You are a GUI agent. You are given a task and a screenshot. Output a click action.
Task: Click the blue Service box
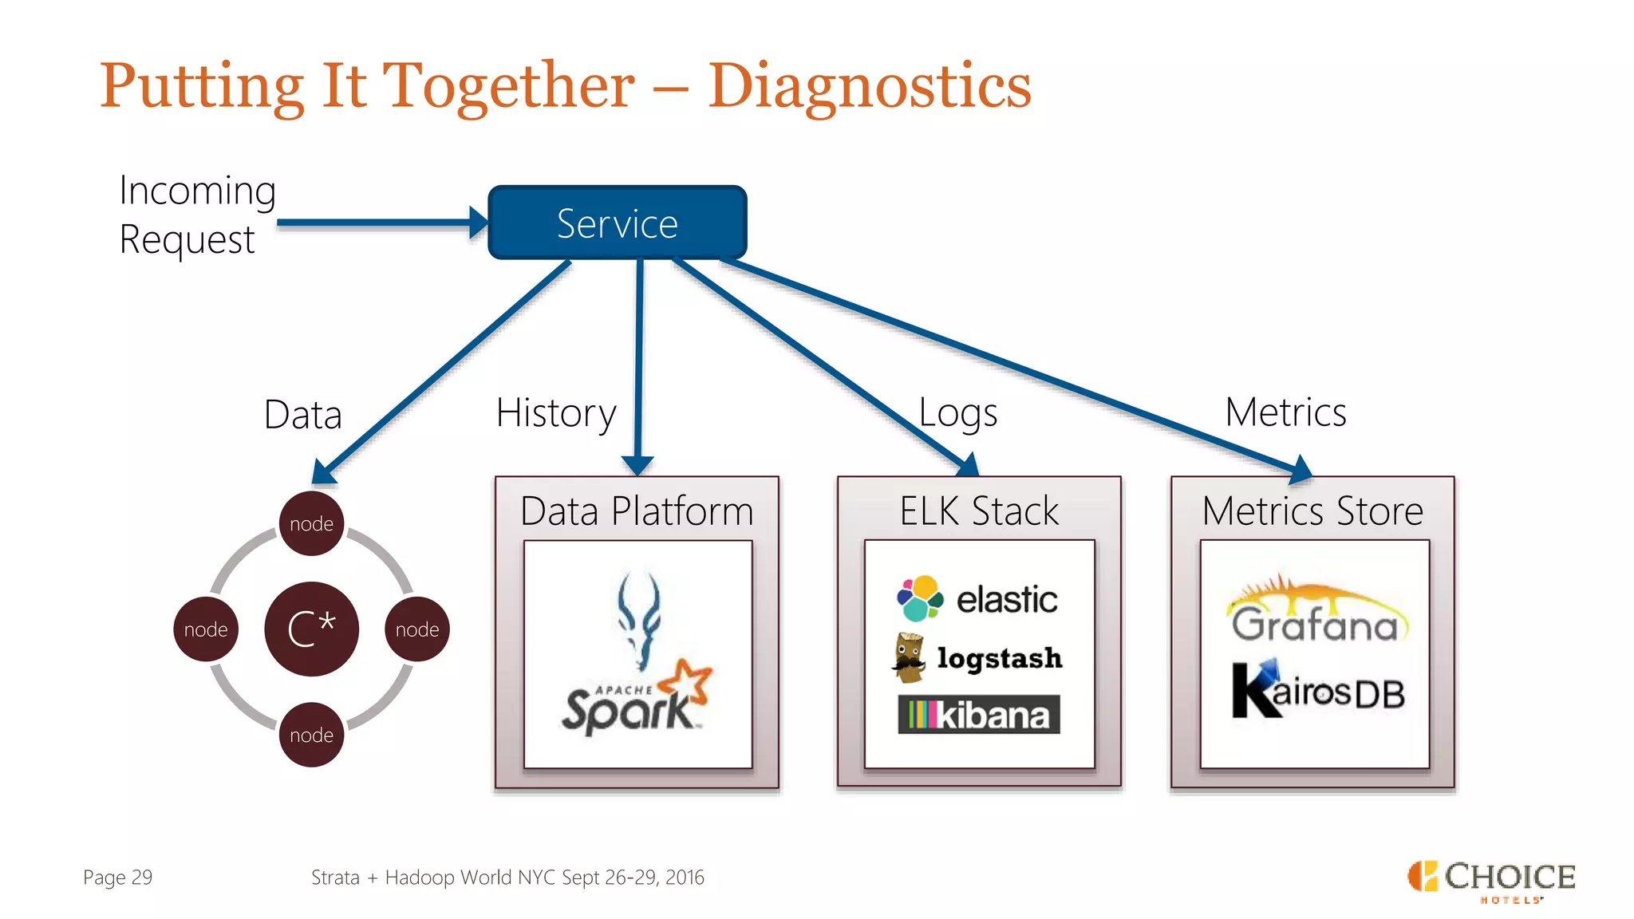[618, 223]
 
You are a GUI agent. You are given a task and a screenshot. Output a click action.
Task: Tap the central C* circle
[311, 629]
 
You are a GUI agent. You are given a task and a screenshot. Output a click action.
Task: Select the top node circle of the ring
[311, 523]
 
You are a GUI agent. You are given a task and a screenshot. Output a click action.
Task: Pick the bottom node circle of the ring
[311, 735]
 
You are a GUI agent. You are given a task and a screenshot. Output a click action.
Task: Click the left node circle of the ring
[206, 629]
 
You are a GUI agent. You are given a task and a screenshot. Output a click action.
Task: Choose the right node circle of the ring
[417, 629]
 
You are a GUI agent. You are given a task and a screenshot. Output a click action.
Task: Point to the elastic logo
[978, 598]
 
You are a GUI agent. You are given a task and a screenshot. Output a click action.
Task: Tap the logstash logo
[978, 658]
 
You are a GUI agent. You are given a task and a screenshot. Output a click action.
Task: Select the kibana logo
[979, 715]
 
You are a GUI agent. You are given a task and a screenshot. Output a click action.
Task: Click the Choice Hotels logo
[1491, 881]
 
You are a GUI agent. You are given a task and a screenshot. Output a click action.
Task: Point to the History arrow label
[556, 413]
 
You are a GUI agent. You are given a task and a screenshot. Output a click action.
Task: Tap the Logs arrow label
[957, 413]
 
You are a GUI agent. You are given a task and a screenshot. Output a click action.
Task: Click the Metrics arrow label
[1285, 412]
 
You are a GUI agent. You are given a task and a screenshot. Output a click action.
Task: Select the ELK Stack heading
[979, 511]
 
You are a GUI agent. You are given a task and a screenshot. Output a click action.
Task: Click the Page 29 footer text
[117, 878]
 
